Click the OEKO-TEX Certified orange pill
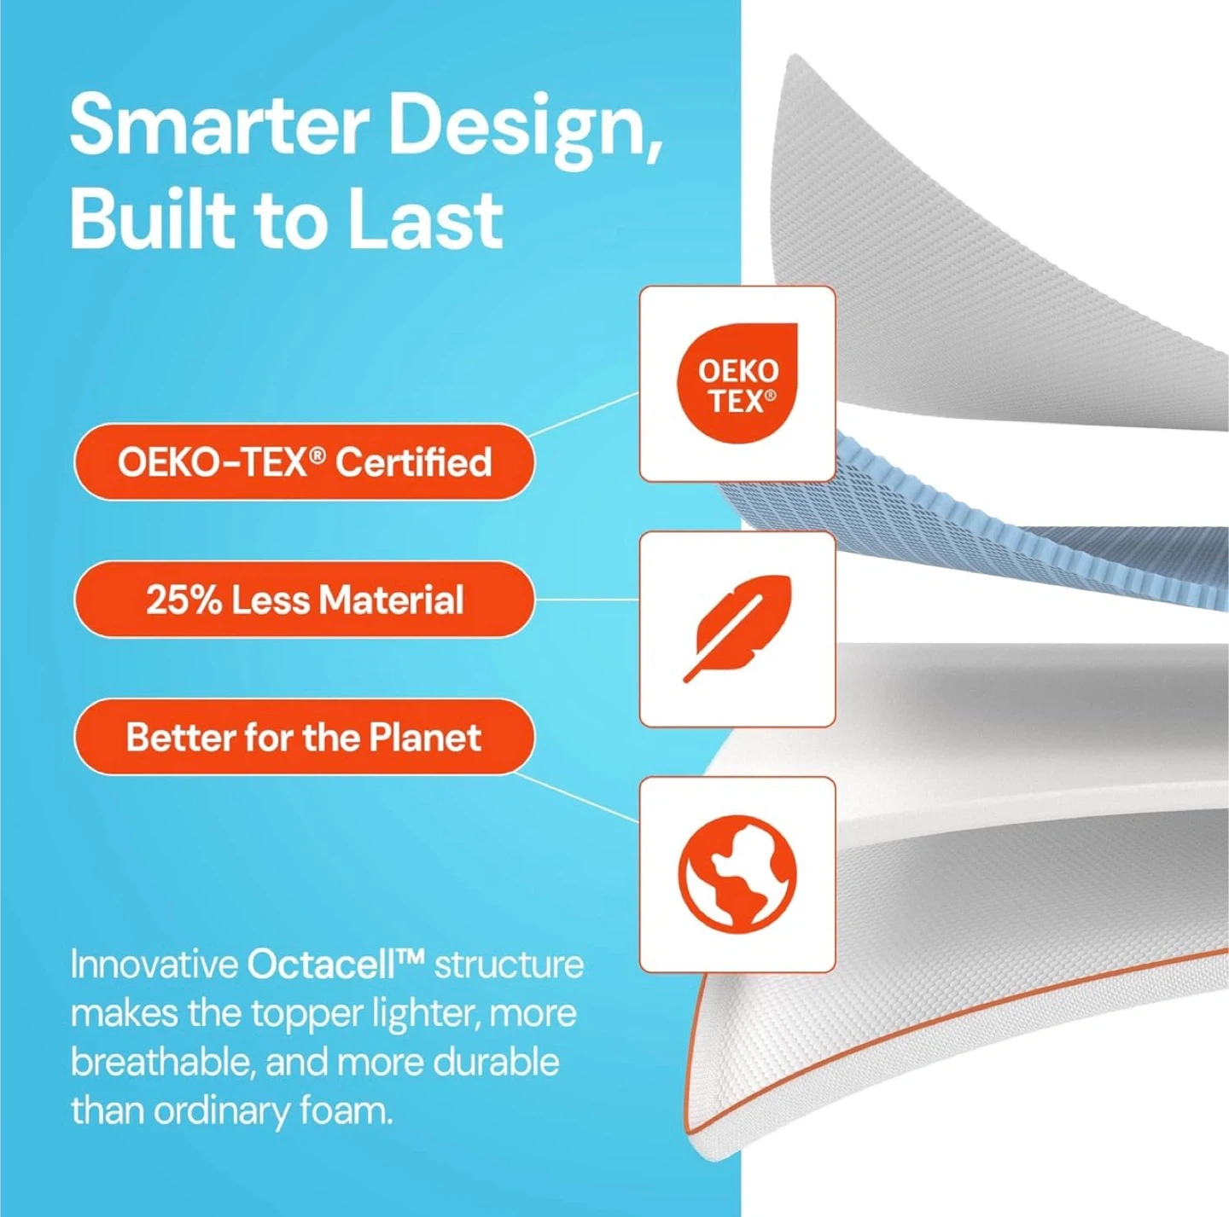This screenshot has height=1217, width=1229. pyautogui.click(x=304, y=461)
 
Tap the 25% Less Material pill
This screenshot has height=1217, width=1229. pyautogui.click(x=304, y=600)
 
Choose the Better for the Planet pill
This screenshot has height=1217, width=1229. pyautogui.click(x=304, y=737)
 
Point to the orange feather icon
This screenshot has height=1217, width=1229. pyautogui.click(x=737, y=629)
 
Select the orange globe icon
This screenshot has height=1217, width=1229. pyautogui.click(x=737, y=872)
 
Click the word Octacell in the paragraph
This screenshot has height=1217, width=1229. pyautogui.click(x=335, y=965)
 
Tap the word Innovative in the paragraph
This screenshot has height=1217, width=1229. pyautogui.click(x=153, y=965)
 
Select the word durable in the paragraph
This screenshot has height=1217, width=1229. pyautogui.click(x=492, y=1063)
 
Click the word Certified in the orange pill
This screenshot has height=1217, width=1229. pyautogui.click(x=414, y=461)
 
